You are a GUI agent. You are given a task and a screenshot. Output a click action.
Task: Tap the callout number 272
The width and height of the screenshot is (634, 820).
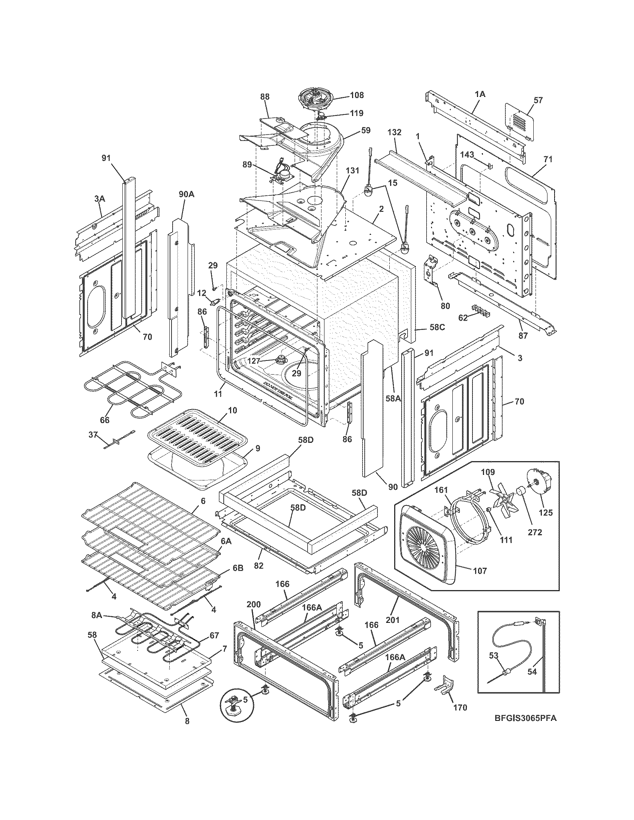pyautogui.click(x=534, y=532)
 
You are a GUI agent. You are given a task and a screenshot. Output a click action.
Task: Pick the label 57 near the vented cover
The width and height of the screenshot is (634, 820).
pyautogui.click(x=538, y=100)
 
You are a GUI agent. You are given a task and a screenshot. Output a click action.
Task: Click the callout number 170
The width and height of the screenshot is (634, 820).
pyautogui.click(x=460, y=708)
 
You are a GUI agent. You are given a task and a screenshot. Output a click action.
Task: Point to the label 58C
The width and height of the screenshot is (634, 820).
pyautogui.click(x=437, y=327)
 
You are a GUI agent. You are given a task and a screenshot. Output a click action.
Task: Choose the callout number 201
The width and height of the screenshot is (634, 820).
pyautogui.click(x=393, y=620)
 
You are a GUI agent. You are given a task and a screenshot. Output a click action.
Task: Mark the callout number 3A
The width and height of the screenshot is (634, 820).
pyautogui.click(x=100, y=199)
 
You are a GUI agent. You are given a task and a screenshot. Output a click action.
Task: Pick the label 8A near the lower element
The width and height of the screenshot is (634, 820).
pyautogui.click(x=97, y=616)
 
